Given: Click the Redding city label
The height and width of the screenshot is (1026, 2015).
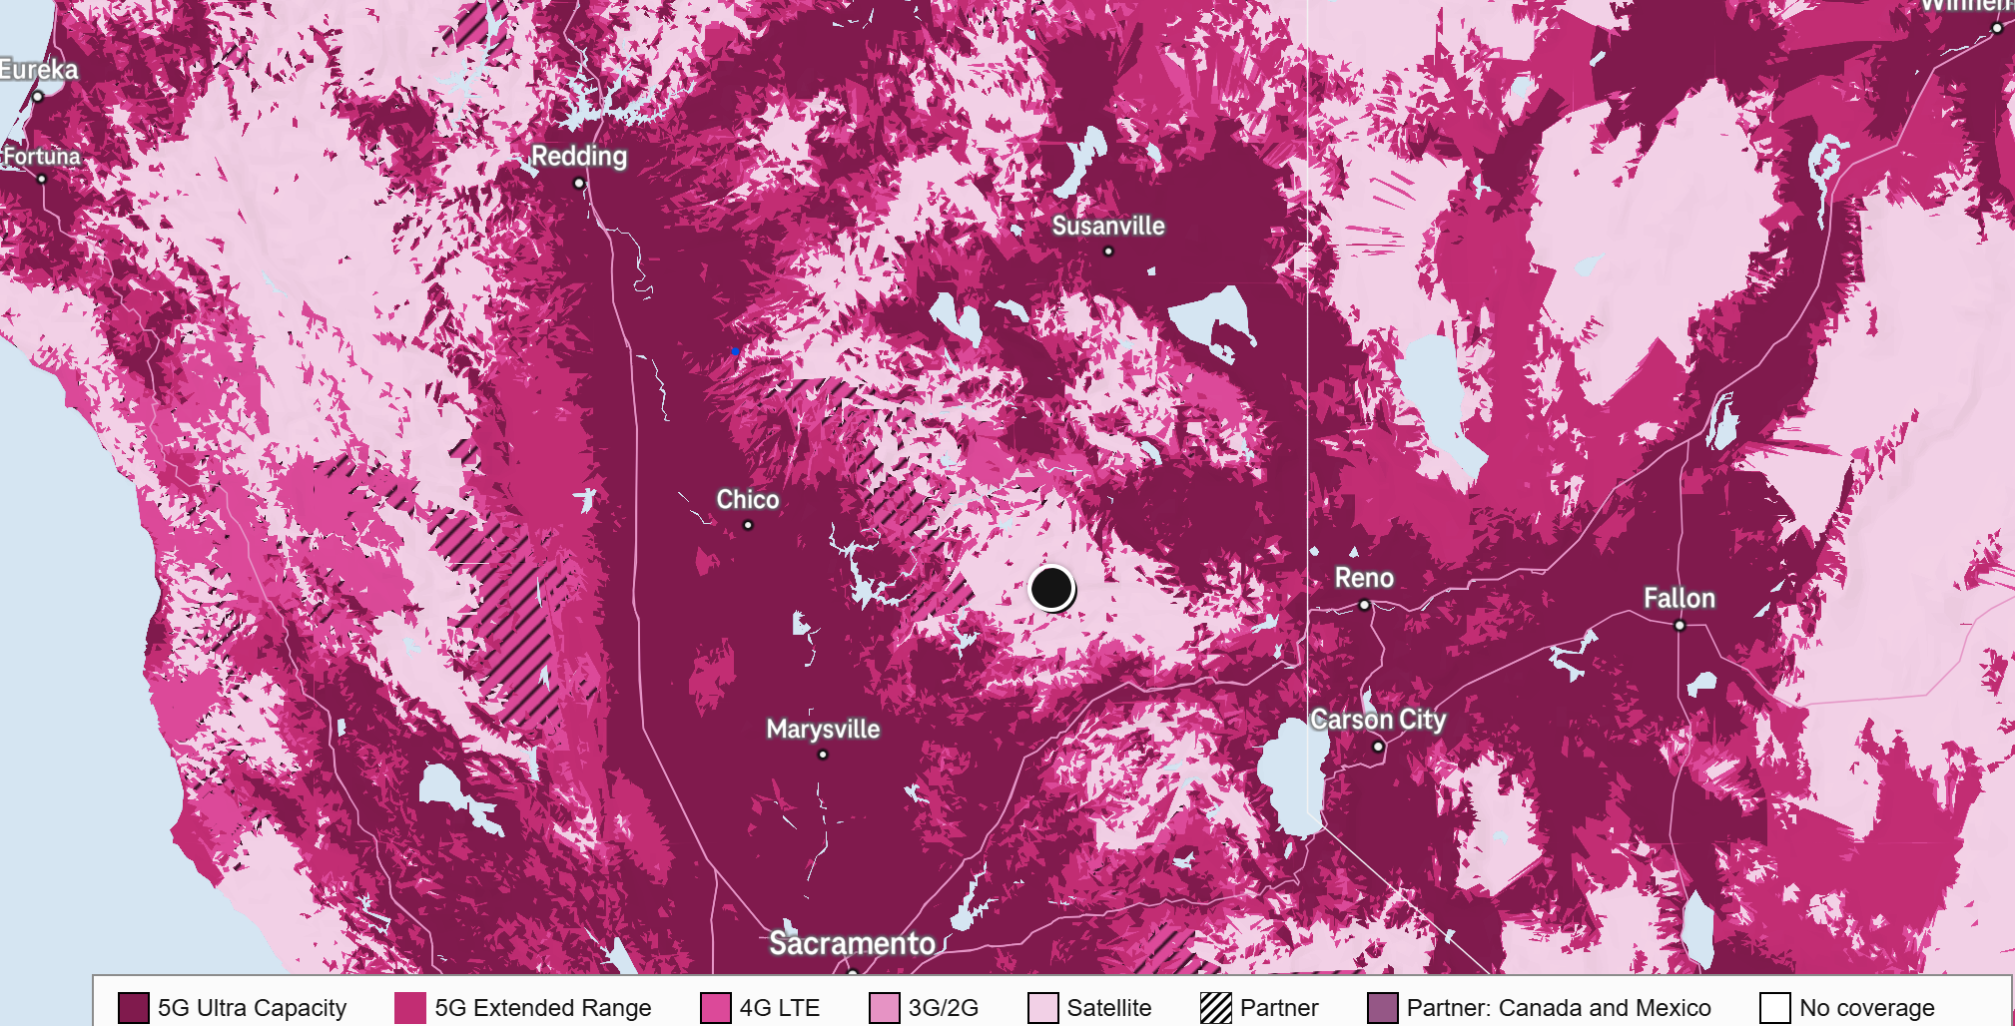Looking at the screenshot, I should pos(579,156).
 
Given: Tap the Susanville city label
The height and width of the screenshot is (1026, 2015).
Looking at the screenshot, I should pos(1108,226).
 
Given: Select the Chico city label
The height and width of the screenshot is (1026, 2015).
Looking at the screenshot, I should pos(748,499).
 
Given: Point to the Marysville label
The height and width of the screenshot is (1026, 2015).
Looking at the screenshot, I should pos(823,729).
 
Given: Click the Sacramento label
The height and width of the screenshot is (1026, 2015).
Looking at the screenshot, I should pos(852,943).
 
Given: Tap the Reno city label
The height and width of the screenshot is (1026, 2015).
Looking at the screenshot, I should pos(1364,578).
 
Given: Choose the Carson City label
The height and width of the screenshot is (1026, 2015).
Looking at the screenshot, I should pos(1378,720).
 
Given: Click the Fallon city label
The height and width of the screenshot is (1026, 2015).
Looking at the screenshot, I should pos(1679,598).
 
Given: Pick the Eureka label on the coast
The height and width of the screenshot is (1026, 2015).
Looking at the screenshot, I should pos(39,70).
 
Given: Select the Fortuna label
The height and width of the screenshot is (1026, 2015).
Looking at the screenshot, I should pos(42,157).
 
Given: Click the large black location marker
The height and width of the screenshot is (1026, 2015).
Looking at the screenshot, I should pos(1051,588).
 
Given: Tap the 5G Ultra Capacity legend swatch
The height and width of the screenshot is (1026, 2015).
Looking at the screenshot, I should pos(133,1008).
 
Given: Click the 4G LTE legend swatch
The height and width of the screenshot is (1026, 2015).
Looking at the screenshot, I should pos(716,1008).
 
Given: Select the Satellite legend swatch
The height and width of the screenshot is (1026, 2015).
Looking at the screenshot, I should pos(1043,1008).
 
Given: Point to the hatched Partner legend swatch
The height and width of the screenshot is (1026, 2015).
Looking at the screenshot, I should pos(1216,1008).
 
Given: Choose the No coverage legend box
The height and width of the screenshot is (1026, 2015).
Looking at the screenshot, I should pos(1775,1008).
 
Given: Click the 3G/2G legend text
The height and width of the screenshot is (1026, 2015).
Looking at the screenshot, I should pos(943,1008).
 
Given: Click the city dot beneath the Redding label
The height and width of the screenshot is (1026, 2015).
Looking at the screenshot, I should pos(579,183).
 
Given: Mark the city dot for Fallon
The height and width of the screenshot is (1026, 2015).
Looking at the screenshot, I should pos(1679,626).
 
